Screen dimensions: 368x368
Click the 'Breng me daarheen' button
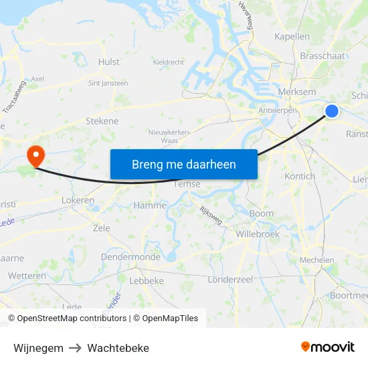183,164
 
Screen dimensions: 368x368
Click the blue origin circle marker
332,112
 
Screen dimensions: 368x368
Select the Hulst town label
108,62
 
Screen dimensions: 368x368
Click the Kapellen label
292,37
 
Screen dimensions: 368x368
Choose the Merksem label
295,91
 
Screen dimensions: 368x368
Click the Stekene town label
102,121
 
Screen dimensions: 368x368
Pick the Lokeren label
78,200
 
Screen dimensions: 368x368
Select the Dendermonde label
130,257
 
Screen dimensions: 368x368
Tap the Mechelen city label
317,260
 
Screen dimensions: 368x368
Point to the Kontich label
300,176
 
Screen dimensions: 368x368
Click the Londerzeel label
230,279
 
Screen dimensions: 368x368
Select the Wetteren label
27,276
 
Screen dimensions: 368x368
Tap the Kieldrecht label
169,62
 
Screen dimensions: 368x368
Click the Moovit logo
328,347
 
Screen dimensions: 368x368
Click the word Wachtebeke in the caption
118,348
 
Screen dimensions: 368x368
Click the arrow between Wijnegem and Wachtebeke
76,348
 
